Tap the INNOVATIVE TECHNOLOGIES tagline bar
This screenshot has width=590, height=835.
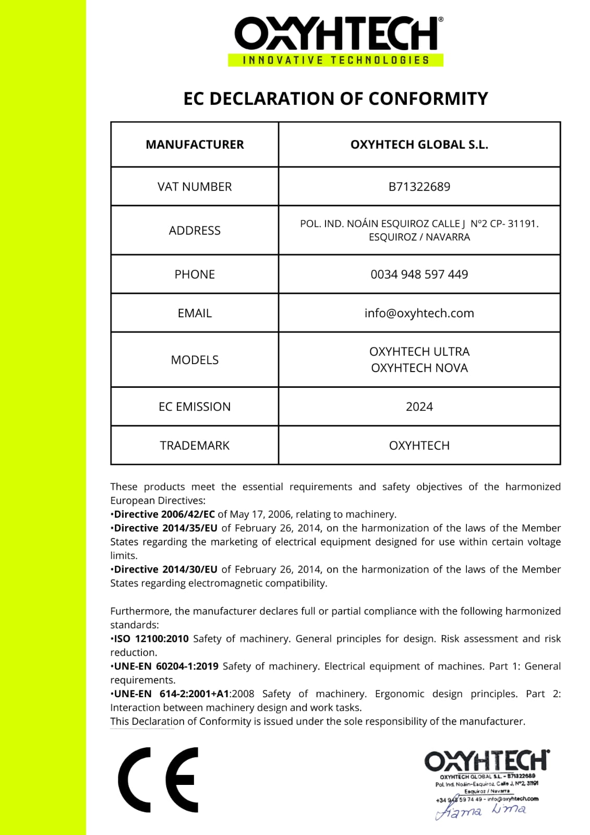[x=335, y=60]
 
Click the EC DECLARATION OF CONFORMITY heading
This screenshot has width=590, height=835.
[x=335, y=99]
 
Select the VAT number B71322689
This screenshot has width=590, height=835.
[x=419, y=187]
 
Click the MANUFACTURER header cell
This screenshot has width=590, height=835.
[x=195, y=145]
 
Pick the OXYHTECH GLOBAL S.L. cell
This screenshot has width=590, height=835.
[x=419, y=145]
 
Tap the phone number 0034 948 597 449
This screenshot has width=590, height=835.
[x=419, y=275]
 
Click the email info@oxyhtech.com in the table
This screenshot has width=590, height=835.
[x=419, y=313]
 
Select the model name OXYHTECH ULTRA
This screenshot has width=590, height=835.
[x=419, y=352]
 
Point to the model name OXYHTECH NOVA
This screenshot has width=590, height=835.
[x=419, y=368]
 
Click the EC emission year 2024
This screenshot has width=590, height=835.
[x=419, y=407]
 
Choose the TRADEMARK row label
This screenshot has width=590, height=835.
[x=195, y=446]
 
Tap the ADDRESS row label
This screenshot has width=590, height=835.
[x=195, y=231]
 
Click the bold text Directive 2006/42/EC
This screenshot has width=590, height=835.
[x=164, y=514]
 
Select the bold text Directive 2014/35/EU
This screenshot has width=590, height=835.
[x=165, y=528]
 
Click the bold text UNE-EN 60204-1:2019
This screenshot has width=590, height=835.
[x=166, y=666]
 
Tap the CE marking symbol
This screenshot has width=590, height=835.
[x=159, y=780]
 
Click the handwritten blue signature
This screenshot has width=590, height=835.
[x=480, y=810]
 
